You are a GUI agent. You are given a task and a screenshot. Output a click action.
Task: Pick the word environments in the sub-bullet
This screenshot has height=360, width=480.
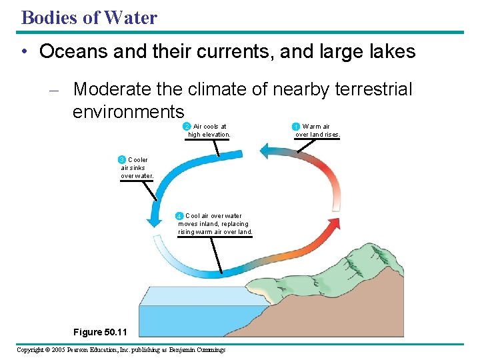point(127,111)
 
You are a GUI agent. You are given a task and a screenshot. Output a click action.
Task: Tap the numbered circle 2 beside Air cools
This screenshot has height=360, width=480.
point(187,126)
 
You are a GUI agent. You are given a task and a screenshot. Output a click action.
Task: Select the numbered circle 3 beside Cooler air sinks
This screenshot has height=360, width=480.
point(121,160)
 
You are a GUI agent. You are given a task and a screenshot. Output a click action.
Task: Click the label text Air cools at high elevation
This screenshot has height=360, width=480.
point(209,131)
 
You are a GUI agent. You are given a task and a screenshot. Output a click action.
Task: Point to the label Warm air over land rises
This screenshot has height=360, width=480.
point(318,131)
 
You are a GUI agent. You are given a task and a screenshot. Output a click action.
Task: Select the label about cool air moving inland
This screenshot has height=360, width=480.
point(215,224)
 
